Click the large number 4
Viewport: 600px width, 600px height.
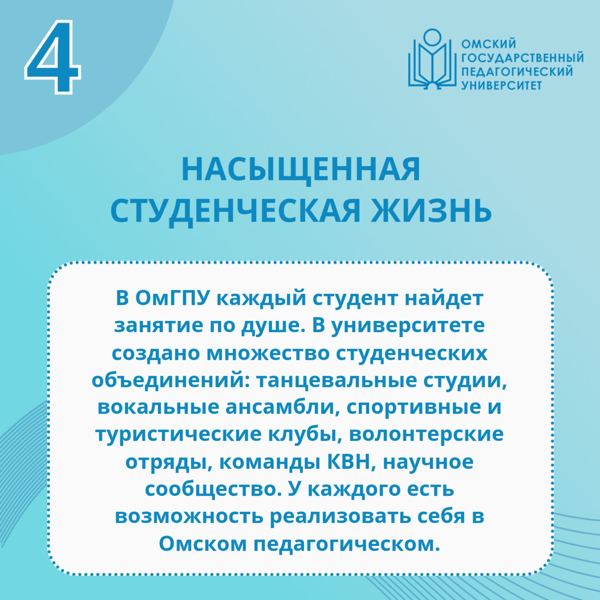(x=53, y=57)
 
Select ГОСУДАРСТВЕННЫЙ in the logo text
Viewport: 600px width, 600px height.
(x=522, y=58)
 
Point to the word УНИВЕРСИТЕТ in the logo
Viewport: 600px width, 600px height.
(x=501, y=85)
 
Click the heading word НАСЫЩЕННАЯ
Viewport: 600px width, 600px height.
(x=301, y=170)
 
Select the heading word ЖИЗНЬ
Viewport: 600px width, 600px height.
(x=430, y=211)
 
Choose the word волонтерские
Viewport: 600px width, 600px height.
(x=426, y=435)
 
